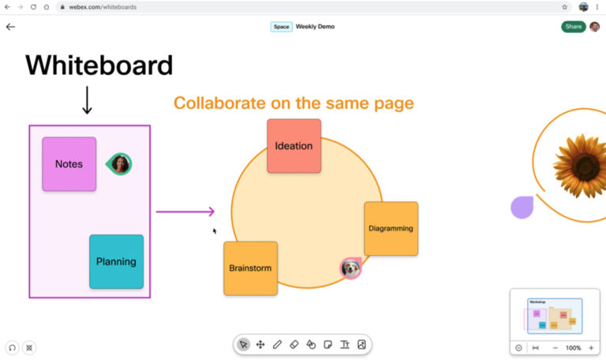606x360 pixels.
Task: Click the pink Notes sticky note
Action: [69, 164]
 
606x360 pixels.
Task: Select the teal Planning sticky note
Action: [116, 261]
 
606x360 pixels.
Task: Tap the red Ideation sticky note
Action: [294, 145]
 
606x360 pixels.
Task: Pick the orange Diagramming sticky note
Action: [391, 228]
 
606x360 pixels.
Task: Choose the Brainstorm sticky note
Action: [250, 268]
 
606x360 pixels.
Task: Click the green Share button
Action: [573, 27]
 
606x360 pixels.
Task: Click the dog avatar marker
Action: [350, 268]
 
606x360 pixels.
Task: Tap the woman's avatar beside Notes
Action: [120, 164]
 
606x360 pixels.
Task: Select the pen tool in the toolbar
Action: [277, 345]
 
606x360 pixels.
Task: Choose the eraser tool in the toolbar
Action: [294, 345]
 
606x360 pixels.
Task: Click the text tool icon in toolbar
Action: [344, 345]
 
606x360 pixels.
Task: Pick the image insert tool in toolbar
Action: [361, 345]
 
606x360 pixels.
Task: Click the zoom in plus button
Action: [591, 347]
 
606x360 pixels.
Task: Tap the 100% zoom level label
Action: [573, 347]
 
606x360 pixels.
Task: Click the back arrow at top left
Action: [10, 27]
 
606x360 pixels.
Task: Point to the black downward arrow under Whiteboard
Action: [87, 99]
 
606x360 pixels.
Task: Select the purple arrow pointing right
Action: [185, 211]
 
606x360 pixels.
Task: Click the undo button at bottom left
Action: [12, 347]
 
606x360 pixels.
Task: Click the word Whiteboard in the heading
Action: [99, 65]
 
